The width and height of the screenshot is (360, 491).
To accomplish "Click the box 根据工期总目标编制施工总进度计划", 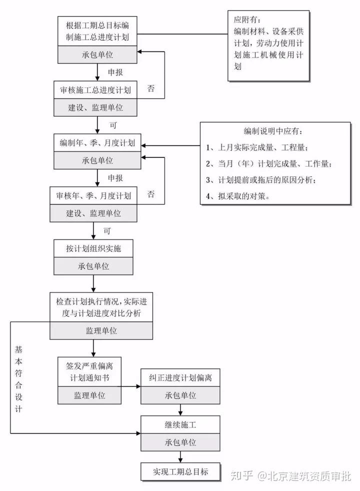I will click(x=97, y=30).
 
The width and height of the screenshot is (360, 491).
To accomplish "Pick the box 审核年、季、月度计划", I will click(x=94, y=195).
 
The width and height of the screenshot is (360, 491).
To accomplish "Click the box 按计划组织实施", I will click(x=93, y=248).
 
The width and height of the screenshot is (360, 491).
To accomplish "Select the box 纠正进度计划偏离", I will click(x=180, y=377).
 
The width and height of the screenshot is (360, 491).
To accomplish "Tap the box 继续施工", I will click(x=180, y=425).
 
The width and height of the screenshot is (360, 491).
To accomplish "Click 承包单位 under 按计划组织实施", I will click(x=93, y=266).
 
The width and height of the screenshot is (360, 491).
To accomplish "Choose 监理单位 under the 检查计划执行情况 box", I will click(x=101, y=330).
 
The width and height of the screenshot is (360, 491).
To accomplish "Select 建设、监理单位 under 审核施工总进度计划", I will click(x=95, y=107).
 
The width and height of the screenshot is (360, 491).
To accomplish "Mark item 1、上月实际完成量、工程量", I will click(x=257, y=148).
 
